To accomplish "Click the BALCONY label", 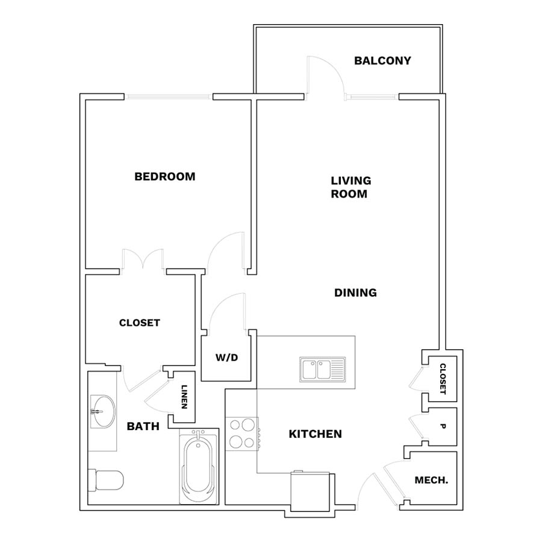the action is [x=382, y=61].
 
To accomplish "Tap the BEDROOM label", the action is [x=165, y=176].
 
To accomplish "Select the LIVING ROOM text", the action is [x=351, y=187].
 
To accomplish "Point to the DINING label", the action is [x=355, y=293].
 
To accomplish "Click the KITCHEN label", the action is [x=315, y=434].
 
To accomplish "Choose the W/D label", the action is [x=227, y=357].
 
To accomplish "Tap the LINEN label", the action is [x=184, y=397].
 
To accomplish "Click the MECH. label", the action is [x=431, y=480].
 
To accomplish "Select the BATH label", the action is [x=143, y=426].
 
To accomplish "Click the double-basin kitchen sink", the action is [x=323, y=370].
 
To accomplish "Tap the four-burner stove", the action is [x=242, y=434].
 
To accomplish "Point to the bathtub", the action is [x=199, y=466].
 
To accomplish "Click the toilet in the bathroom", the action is [x=105, y=480].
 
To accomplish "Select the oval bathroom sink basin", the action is [x=103, y=412].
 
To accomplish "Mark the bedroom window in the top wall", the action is [x=169, y=97].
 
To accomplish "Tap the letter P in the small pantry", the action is [x=443, y=426].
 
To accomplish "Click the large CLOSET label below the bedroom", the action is [x=140, y=323].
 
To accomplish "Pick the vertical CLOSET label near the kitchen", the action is [x=443, y=379].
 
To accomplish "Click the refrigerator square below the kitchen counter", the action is [x=310, y=491].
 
